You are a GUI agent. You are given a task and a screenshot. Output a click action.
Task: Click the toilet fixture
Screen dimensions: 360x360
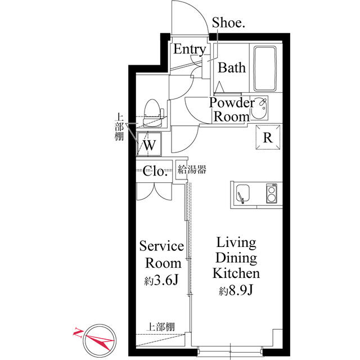click(152, 113)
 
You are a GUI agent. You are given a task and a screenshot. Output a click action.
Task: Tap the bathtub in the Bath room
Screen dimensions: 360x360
click(265, 69)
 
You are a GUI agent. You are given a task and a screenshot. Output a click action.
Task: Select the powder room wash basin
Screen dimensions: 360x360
click(259, 108)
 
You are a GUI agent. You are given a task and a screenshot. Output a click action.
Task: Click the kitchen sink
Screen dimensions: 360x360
click(242, 193)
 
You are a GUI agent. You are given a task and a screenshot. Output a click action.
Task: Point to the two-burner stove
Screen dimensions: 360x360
click(272, 193)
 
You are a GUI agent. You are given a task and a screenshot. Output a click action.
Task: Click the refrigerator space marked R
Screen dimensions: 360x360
click(268, 137)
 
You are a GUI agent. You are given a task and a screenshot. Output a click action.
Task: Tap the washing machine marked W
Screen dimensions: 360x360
click(149, 144)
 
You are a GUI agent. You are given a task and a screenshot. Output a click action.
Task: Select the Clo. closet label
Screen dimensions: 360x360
click(154, 171)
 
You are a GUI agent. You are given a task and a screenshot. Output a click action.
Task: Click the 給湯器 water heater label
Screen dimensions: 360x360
click(192, 170)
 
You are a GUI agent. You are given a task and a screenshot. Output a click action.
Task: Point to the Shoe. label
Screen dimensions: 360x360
click(228, 22)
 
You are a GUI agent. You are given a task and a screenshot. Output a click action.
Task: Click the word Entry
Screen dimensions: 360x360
click(190, 49)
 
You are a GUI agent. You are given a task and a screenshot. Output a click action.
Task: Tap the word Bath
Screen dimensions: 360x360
click(232, 67)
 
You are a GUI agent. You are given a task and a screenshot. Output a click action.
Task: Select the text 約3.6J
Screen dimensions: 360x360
click(161, 280)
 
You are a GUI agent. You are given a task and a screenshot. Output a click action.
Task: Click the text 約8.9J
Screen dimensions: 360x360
click(236, 291)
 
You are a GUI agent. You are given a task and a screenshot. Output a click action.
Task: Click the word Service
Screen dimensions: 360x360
click(161, 246)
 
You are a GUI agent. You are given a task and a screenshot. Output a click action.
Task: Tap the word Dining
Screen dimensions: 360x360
click(236, 258)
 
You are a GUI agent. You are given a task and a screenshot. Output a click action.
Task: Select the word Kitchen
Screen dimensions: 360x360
click(236, 273)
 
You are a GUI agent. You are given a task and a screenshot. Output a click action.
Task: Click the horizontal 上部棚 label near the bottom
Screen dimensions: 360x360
click(160, 327)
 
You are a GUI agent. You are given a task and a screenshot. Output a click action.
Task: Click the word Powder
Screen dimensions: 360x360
click(232, 102)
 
